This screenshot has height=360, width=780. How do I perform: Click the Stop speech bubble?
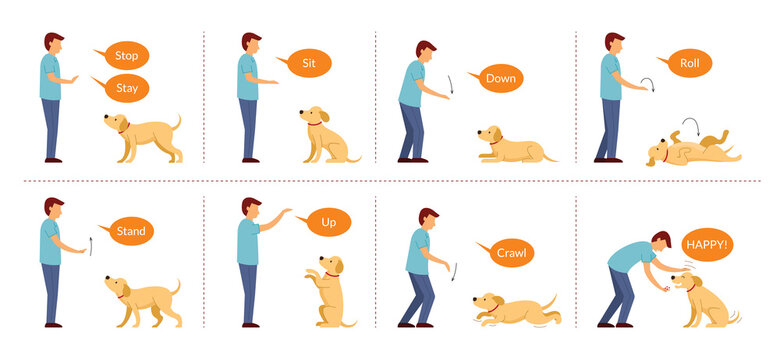tap(126, 54)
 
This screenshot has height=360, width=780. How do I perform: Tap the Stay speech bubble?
tap(126, 88)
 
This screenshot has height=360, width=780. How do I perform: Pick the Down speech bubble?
tap(500, 78)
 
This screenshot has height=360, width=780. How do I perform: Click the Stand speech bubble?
tap(130, 231)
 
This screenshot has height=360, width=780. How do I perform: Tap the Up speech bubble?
tap(329, 221)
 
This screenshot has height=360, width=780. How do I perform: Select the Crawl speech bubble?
tap(510, 253)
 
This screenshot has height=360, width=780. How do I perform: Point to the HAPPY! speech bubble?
tap(707, 243)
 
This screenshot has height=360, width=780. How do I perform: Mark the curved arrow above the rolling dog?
tap(688, 125)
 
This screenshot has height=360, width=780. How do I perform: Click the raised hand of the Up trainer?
tap(286, 212)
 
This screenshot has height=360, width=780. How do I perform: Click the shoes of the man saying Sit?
tap(249, 159)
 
